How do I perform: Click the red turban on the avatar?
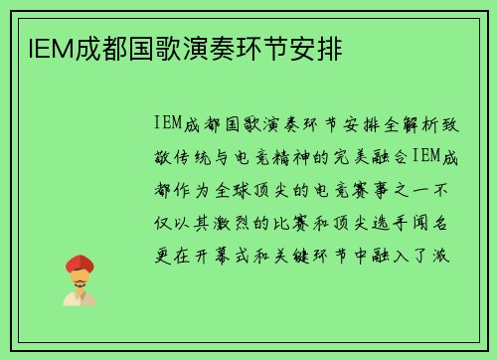click(x=80, y=263)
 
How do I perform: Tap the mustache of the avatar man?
click(x=80, y=281)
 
